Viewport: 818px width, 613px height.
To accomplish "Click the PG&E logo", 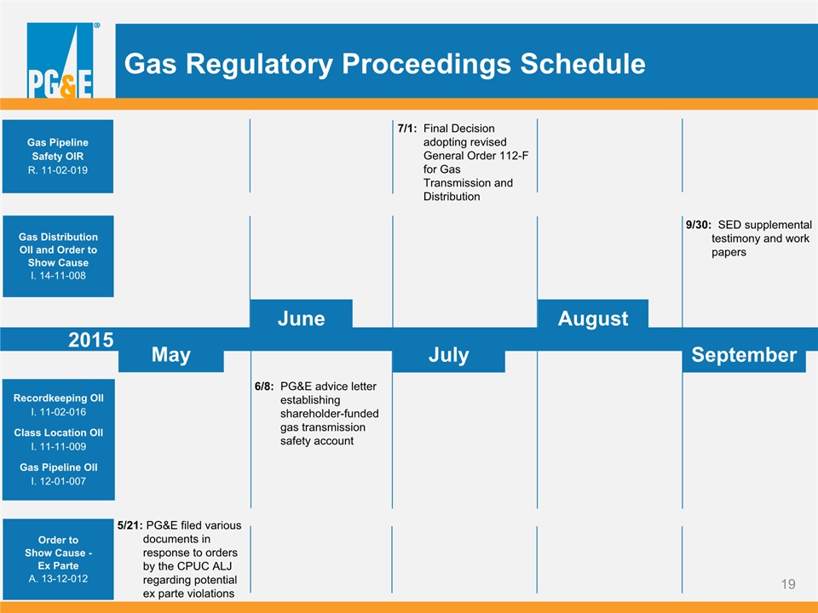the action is [x=60, y=60].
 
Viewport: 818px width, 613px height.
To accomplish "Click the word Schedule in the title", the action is [x=583, y=64].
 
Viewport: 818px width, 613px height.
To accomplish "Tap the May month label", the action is [x=171, y=355].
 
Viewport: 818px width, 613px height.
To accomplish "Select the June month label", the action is [x=301, y=318].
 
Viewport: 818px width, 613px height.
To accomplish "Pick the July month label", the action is [x=449, y=356].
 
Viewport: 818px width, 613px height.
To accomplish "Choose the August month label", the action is [x=593, y=319].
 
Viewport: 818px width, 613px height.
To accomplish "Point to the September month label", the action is [x=744, y=355].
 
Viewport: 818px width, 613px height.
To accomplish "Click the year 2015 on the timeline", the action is [x=91, y=340].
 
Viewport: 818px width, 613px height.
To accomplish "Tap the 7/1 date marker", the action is [x=407, y=129].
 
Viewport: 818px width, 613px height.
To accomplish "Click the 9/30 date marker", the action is [x=699, y=225].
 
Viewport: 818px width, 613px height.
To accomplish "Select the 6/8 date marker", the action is [x=264, y=387].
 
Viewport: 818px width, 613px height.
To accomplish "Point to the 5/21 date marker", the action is [x=130, y=525].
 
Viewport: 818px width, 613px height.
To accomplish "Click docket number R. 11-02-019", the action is [x=58, y=170].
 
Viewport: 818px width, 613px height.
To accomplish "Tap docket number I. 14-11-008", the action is [x=58, y=275].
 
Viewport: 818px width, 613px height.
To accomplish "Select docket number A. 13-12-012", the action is [x=58, y=578].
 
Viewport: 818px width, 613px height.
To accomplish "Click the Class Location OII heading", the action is [x=59, y=433].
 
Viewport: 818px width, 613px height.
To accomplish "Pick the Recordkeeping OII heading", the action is [x=59, y=398].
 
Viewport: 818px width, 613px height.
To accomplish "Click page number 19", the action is [x=788, y=584].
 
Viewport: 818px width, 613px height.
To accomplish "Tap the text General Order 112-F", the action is [x=475, y=155].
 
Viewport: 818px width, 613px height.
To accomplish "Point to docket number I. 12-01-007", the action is [x=58, y=481].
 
